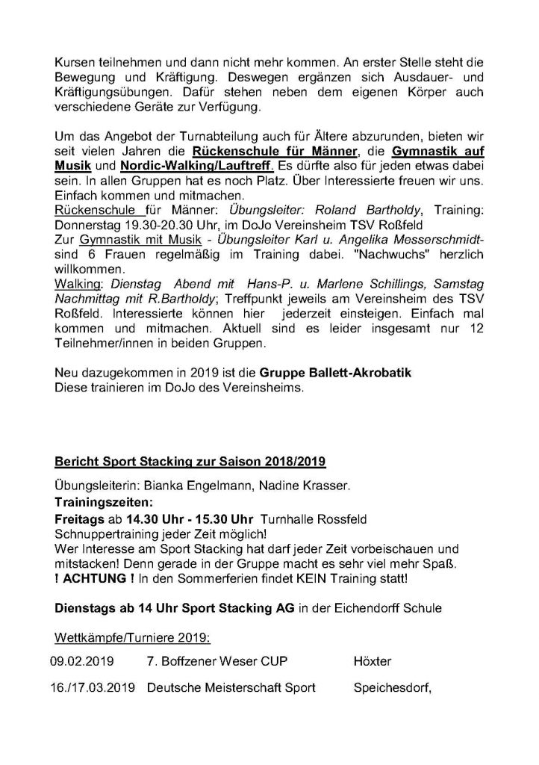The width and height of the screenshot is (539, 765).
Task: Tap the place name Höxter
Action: [x=370, y=660]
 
